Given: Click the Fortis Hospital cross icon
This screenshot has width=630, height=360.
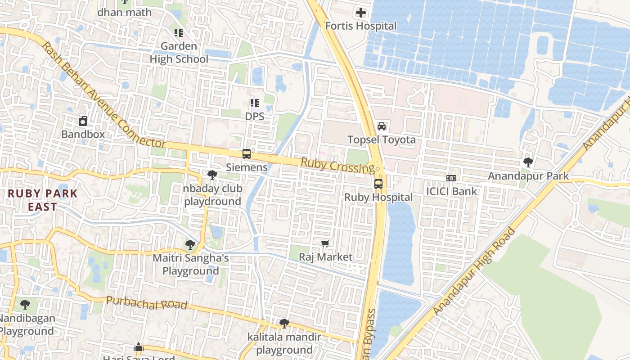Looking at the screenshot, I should (x=361, y=13).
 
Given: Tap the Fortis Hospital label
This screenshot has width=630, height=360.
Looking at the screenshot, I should (x=361, y=26).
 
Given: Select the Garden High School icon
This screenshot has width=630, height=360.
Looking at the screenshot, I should (x=179, y=33).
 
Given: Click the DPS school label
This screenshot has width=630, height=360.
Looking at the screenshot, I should (x=254, y=116).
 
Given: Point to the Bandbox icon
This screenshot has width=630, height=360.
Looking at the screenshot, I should (x=83, y=121).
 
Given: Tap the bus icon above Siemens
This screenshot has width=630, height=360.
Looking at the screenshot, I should (x=246, y=154).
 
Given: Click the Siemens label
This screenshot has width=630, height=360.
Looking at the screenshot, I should (x=247, y=167).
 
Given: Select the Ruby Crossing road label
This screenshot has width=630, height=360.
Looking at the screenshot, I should (x=337, y=165).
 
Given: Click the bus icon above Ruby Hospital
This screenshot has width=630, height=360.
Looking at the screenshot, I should (x=378, y=184).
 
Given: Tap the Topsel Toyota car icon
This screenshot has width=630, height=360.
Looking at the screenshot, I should (x=382, y=126).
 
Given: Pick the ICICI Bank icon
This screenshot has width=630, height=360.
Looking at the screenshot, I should (x=451, y=178).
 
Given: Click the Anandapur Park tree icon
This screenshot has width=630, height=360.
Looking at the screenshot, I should (x=528, y=162).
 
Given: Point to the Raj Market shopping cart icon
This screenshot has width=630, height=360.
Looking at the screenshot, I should (x=325, y=244).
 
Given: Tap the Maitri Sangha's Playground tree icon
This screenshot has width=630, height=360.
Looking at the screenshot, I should (x=190, y=245).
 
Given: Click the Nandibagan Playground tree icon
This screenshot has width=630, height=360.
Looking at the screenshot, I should (x=25, y=305).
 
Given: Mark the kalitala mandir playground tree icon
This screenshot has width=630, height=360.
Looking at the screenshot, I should (x=284, y=323).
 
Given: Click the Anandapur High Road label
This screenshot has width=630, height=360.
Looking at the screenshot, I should (x=475, y=272).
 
